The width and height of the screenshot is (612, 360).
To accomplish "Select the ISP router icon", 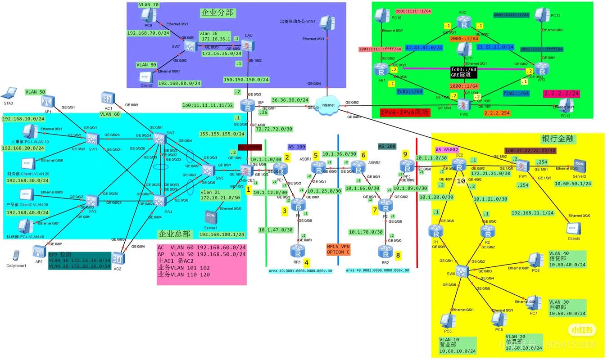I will [x=247, y=105].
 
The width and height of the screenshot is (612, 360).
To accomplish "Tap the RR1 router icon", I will [x=296, y=250].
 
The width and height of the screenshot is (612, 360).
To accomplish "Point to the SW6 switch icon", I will [x=462, y=270].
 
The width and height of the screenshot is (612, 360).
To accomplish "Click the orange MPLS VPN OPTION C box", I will [x=338, y=249].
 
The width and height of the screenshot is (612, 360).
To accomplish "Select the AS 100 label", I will [x=296, y=147].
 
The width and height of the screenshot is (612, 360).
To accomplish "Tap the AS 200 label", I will [x=387, y=146].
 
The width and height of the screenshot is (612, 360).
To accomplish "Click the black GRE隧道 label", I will [x=464, y=72].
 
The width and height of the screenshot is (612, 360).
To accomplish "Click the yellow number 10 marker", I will [x=460, y=181].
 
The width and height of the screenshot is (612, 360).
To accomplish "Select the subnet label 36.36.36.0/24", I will [x=290, y=100].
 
